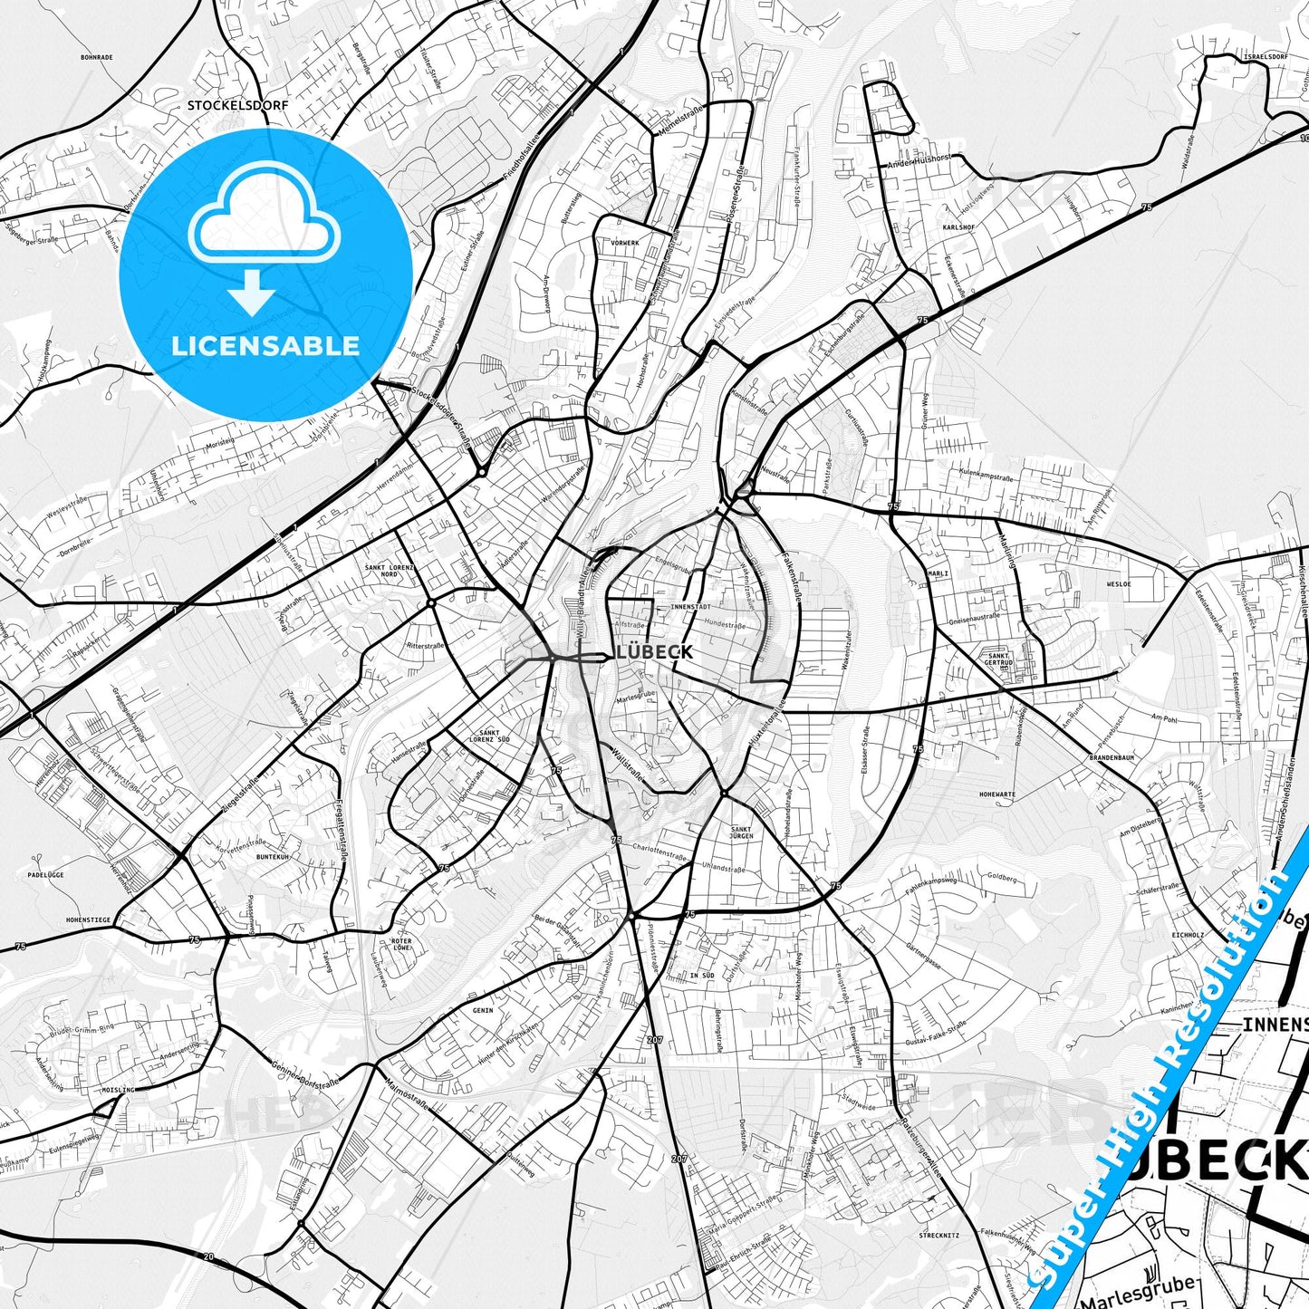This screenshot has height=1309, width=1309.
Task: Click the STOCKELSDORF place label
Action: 237,105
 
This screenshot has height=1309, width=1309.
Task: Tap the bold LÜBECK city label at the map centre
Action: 654,652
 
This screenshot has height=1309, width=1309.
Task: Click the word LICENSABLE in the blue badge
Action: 266,346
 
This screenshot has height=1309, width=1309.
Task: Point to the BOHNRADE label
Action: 96,57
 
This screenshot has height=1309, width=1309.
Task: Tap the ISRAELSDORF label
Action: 1266,56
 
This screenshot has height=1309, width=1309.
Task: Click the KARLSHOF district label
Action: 958,227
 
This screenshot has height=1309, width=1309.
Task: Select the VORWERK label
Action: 625,244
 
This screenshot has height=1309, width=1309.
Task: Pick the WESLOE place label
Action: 1118,584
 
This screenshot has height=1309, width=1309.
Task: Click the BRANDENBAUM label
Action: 1112,757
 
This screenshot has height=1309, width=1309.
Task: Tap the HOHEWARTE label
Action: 997,794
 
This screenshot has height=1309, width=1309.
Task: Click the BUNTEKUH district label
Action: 272,856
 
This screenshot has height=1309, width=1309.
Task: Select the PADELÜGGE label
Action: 45,876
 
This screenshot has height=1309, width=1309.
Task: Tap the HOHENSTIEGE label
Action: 88,920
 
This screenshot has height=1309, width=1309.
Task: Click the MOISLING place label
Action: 118,1090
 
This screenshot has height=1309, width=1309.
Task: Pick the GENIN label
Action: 483,1009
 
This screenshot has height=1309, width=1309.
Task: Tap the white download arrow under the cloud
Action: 251,296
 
